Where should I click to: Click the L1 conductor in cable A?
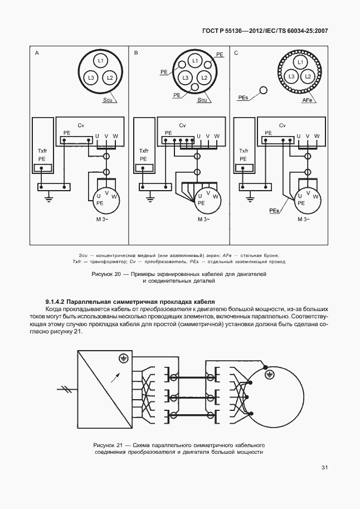pyautogui.click(x=101, y=60)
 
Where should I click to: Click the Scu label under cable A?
pyautogui.click(x=107, y=100)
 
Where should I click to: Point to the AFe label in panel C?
pyautogui.click(x=307, y=100)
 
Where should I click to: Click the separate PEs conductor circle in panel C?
pyautogui.click(x=264, y=90)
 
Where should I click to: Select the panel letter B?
pyautogui.click(x=136, y=53)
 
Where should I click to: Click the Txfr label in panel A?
pyautogui.click(x=42, y=151)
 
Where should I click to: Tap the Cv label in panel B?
pyautogui.click(x=182, y=125)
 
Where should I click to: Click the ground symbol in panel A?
pyautogui.click(x=48, y=195)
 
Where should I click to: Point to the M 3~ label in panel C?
pyautogui.click(x=303, y=219)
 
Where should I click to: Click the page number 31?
pyautogui.click(x=324, y=468)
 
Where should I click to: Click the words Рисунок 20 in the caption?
pyautogui.click(x=105, y=274)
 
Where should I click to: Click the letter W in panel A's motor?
pyautogui.click(x=114, y=196)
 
